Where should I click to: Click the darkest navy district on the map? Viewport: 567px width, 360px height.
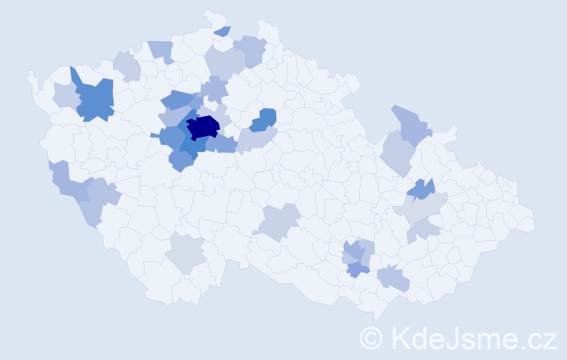click(203, 127)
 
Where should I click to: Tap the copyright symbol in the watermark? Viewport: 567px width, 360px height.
click(372, 338)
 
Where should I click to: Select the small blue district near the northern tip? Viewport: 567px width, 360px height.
click(223, 31)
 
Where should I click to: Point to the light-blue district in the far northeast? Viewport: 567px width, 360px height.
click(409, 123)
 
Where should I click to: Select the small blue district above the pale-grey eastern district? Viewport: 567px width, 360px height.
click(421, 190)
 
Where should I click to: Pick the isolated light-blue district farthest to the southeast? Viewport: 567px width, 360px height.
click(393, 278)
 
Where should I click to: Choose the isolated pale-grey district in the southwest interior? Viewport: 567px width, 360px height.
click(186, 253)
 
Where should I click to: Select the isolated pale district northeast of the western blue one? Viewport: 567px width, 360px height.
click(126, 66)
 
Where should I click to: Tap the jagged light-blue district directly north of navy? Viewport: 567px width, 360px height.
click(214, 90)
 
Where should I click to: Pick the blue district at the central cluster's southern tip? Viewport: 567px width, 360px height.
click(181, 162)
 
